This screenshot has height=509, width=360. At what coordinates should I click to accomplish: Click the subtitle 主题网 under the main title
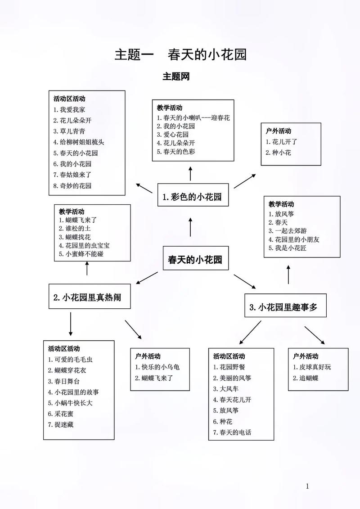tap(176, 77)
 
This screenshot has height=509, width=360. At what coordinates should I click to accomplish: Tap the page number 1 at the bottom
tap(307, 486)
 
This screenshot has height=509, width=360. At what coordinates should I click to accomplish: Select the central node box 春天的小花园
tap(195, 260)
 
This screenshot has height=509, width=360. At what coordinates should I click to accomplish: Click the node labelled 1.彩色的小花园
tap(192, 197)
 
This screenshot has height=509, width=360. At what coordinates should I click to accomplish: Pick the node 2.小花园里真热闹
tap(87, 297)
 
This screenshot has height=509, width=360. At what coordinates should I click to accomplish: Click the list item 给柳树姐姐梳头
tap(79, 142)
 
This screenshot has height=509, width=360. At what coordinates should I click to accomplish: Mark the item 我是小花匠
tap(291, 248)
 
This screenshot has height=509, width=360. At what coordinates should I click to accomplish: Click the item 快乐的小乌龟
tap(157, 367)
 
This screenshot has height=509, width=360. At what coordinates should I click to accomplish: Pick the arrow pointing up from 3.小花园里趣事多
tap(288, 275)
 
